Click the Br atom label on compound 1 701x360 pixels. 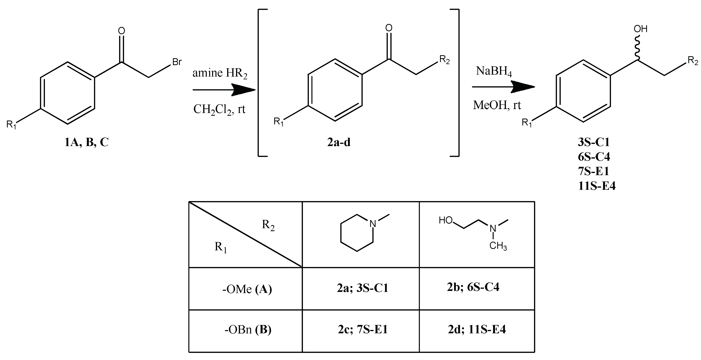[x=177, y=62]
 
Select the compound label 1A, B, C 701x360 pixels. [x=86, y=142]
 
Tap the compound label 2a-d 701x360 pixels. [x=339, y=142]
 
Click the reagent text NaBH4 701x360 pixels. [x=494, y=71]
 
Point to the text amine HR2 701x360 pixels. [x=220, y=73]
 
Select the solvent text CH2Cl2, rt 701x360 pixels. [x=219, y=109]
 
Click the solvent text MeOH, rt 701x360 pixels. [x=497, y=105]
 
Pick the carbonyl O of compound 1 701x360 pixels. [x=122, y=31]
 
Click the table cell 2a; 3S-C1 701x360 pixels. [x=362, y=288]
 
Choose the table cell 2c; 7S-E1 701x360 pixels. [x=362, y=329]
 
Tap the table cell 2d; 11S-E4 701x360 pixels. [x=477, y=329]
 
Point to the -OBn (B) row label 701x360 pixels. [x=248, y=330]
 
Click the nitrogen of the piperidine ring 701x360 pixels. [x=373, y=224]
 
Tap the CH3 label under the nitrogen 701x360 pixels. [x=498, y=246]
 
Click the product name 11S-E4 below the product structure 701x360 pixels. [x=597, y=186]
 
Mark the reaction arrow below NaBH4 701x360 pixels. [x=503, y=87]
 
